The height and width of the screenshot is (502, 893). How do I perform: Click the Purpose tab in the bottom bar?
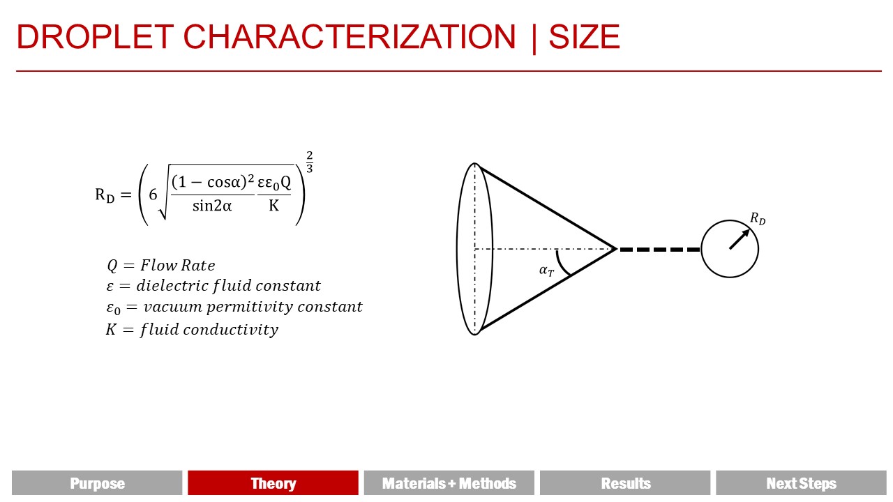click(x=97, y=483)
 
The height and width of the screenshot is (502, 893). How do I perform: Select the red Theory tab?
click(x=273, y=483)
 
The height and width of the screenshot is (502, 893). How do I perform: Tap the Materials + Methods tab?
click(x=449, y=483)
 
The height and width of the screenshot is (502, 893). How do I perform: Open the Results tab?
click(x=625, y=483)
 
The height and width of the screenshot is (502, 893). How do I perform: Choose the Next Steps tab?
click(x=802, y=483)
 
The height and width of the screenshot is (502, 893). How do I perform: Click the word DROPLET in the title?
click(x=95, y=37)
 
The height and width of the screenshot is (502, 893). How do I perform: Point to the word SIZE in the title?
click(x=585, y=37)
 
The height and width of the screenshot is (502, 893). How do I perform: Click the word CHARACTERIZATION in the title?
click(x=350, y=37)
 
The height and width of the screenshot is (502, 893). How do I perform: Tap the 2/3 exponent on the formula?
click(x=309, y=162)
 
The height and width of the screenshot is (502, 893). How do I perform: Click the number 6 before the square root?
click(x=153, y=195)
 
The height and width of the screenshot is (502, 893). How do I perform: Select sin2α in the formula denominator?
click(x=212, y=206)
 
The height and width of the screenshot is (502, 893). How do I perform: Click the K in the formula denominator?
click(x=274, y=206)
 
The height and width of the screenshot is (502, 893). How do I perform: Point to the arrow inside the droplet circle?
click(x=740, y=239)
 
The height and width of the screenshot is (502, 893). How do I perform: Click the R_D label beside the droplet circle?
click(x=758, y=218)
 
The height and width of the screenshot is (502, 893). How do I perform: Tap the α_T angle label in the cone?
click(x=546, y=271)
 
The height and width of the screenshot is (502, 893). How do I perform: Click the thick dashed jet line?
click(x=659, y=250)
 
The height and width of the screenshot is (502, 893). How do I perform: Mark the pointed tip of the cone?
click(x=616, y=249)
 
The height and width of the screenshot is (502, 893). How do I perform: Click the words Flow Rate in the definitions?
click(x=178, y=265)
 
